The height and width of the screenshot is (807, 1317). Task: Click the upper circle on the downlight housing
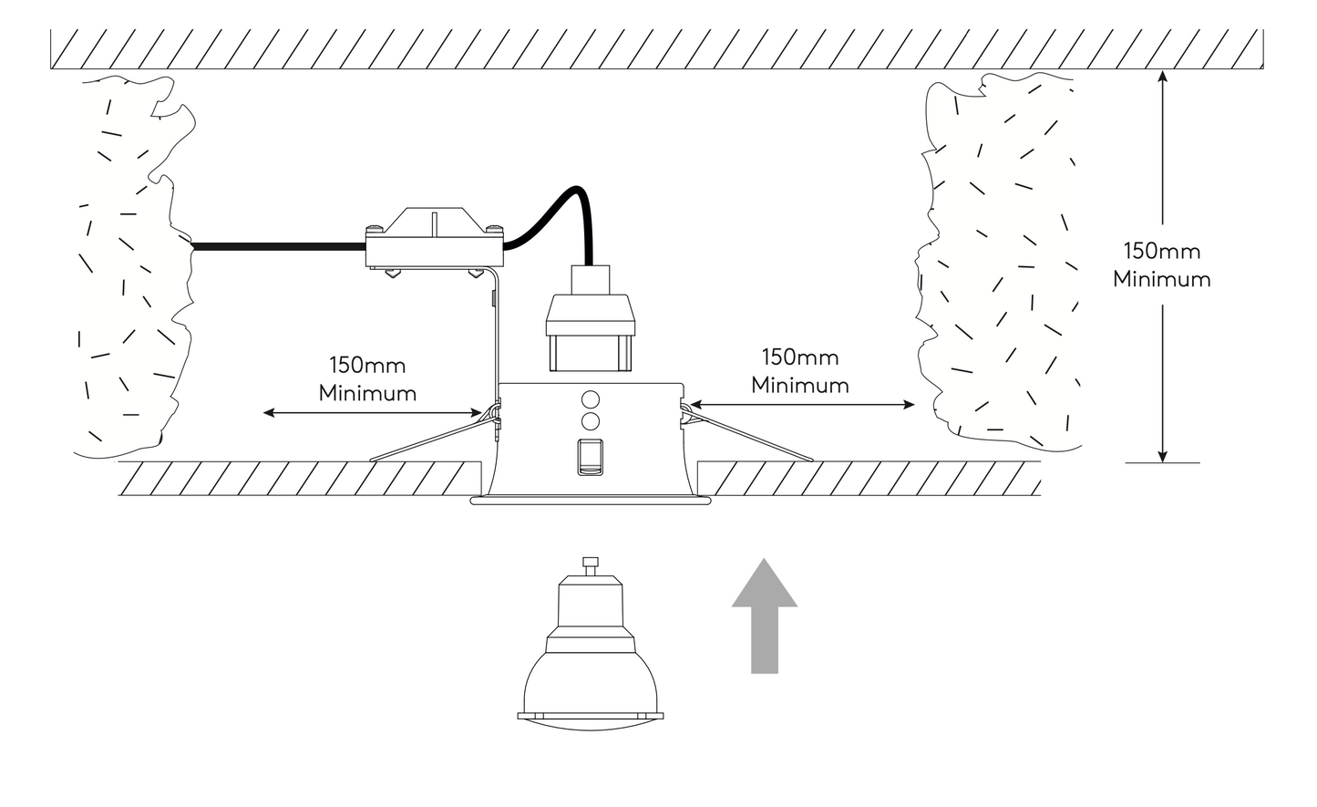coord(590,399)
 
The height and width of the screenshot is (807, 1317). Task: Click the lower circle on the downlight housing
coord(590,421)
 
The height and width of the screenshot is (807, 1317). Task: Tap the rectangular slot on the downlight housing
coord(590,456)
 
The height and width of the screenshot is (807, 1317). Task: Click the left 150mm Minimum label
coord(367,379)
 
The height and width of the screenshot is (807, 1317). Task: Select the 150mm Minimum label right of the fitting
coord(800,370)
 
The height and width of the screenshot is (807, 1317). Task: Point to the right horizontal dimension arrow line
coord(802,403)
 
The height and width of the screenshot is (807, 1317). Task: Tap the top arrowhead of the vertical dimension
coord(1163,78)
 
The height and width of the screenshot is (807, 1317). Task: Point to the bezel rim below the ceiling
coord(590,501)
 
